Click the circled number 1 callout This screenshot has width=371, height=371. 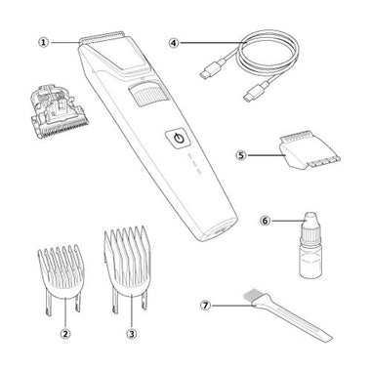point(44,42)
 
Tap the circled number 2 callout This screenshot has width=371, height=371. point(65,333)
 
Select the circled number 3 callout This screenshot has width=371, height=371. point(132,333)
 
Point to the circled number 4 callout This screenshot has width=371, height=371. point(174,42)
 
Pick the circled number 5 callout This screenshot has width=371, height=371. point(241,155)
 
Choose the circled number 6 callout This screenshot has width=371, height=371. point(265,221)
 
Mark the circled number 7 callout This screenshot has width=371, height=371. point(205,306)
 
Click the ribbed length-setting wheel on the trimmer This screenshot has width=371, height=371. point(147,95)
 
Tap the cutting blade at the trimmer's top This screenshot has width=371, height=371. point(102,38)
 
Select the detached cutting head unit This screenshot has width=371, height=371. point(58,111)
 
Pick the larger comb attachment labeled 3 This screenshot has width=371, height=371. point(128,268)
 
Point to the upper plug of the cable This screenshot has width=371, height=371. point(213,67)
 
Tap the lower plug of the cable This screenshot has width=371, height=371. point(256,91)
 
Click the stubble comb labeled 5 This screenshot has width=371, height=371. point(309,150)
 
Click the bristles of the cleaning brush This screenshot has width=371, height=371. point(252,297)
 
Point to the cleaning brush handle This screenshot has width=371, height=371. point(295,320)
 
